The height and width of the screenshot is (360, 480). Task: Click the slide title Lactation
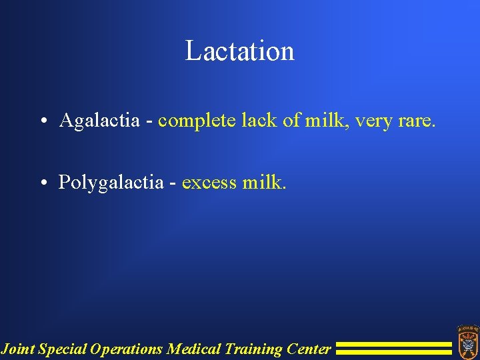click(239, 51)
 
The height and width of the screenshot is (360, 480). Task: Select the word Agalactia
click(99, 121)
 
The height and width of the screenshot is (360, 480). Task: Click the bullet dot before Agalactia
click(42, 121)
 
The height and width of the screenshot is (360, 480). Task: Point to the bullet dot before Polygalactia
click(42, 183)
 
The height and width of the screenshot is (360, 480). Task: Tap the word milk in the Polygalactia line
click(265, 182)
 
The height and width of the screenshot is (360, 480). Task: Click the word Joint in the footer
click(18, 349)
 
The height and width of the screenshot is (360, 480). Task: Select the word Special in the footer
click(63, 349)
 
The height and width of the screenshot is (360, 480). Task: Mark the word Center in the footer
click(308, 349)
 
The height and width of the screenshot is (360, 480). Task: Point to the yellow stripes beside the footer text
click(393, 348)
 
